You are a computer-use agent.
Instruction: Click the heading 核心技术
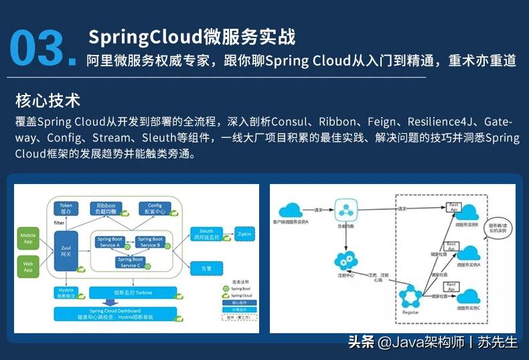pos(48,101)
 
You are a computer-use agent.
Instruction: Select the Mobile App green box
pos(28,238)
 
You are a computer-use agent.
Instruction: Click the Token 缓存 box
pos(66,208)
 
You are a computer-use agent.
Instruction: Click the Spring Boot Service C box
pos(131,262)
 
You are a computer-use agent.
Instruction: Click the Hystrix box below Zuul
pos(66,292)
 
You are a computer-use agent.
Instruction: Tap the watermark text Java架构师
pos(429,343)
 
